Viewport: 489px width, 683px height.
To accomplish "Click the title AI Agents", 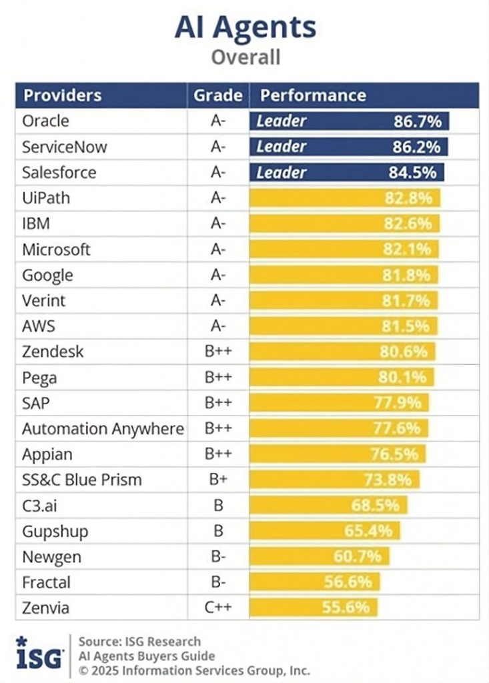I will (245, 27).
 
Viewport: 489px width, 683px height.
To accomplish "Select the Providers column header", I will (63, 95).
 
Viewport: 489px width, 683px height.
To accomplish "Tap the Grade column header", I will (217, 95).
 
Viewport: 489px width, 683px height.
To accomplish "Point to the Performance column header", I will (313, 95).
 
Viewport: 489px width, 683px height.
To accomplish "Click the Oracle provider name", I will (45, 121).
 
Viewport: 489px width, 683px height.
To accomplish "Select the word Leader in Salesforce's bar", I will (281, 172).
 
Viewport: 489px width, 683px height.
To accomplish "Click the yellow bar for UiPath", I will (345, 198).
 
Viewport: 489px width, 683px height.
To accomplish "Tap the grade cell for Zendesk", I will (217, 352).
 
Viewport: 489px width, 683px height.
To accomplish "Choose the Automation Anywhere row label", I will (103, 429).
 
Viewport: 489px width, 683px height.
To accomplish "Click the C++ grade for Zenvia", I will (217, 608).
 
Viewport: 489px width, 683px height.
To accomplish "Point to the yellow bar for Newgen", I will (319, 556).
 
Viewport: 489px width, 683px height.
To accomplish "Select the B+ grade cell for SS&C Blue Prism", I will (217, 480).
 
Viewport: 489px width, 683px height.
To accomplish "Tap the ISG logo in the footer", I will (40, 654).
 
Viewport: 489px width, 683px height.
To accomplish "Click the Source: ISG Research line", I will (139, 642).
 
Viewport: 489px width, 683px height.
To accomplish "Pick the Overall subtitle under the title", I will (245, 57).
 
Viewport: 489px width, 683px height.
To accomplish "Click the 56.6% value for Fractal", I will (348, 582).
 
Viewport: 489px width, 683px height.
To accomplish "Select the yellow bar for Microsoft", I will (344, 249).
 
